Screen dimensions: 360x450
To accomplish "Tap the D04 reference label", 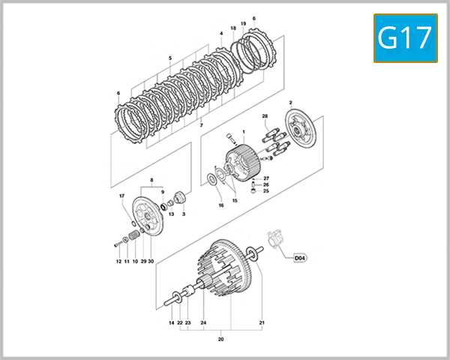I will pos(299,258).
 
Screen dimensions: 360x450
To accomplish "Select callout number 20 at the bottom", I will pos(221,338).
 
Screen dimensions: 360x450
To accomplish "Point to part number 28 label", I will pos(265,116).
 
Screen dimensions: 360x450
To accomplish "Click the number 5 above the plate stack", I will pos(170,58).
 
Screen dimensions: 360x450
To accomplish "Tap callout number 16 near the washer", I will pos(220,205).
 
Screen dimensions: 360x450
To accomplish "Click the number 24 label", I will pos(202,322).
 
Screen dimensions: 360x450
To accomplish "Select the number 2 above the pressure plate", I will pos(290,101).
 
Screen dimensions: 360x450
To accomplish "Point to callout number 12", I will pos(118,261).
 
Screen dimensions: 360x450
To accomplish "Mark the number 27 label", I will pos(265,178).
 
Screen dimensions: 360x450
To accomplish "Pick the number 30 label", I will pos(151,261).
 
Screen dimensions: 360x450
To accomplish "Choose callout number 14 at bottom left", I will pos(171,322).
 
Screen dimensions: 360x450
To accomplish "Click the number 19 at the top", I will pos(243,24).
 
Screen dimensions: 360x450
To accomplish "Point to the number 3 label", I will pos(184,214).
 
